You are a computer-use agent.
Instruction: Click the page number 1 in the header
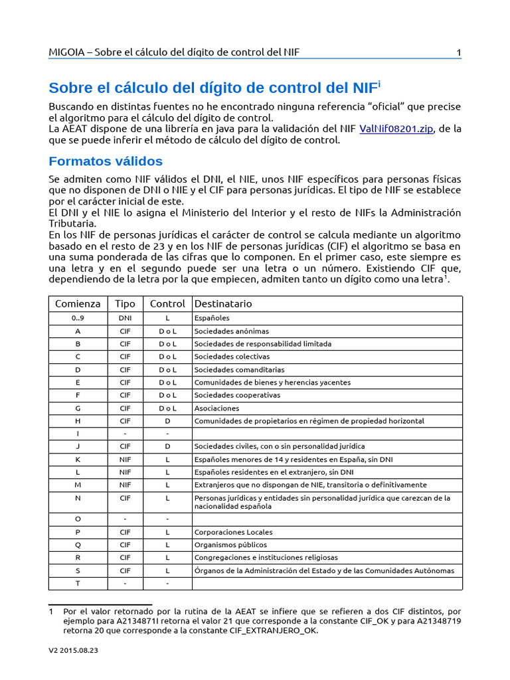[x=458, y=52]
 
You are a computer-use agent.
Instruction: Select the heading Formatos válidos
[x=106, y=161]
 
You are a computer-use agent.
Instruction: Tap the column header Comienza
[x=78, y=303]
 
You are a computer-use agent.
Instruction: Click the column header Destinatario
[x=223, y=303]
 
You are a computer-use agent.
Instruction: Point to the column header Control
[x=167, y=303]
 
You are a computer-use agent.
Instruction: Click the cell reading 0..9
[x=78, y=318]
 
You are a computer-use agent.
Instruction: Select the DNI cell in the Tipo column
[x=125, y=318]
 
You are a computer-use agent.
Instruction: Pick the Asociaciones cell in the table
[x=216, y=408]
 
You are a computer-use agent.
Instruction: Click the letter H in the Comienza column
[x=78, y=421]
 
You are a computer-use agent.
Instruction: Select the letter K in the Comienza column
[x=78, y=460]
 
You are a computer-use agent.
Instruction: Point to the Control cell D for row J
[x=167, y=446]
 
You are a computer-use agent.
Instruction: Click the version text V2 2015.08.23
[x=74, y=651]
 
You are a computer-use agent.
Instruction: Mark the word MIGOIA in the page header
[x=68, y=52]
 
